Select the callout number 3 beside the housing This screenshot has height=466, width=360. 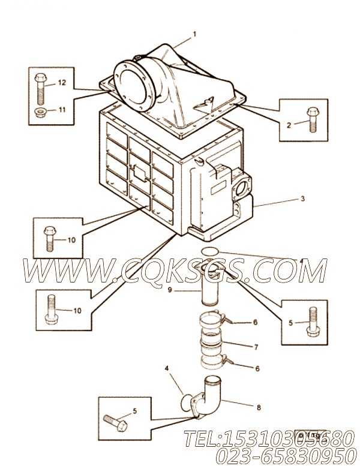tap(304, 199)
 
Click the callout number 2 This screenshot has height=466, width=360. tap(289, 125)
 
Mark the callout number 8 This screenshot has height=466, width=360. tap(259, 408)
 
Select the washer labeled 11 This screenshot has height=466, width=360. tap(41, 112)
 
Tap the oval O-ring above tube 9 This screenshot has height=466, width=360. tap(210, 251)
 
